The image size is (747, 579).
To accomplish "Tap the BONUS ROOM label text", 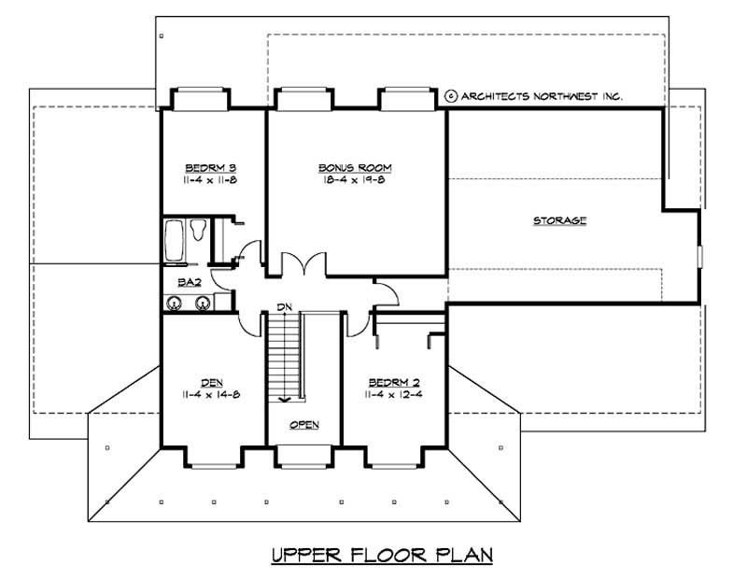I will pos(354,168).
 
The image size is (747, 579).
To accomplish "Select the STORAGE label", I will pos(559,221).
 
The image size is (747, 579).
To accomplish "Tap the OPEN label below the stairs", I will pos(303,425).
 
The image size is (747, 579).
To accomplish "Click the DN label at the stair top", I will pos(285,306).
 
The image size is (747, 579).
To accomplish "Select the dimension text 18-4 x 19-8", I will pos(354,179).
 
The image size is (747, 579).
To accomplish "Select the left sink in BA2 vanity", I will pos(174,302).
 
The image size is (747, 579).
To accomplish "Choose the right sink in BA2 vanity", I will pos(202,302).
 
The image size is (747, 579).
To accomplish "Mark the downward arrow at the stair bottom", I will pos(284,397).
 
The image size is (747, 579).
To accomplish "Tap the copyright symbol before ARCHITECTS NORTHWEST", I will pos(451,95).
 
